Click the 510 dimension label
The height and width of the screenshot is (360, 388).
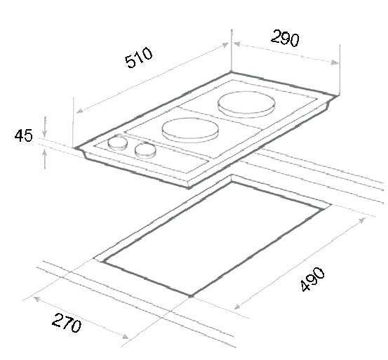click(139, 57)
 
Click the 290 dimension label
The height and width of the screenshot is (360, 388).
click(285, 38)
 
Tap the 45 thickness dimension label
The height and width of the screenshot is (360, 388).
click(24, 135)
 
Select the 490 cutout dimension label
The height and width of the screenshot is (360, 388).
click(312, 279)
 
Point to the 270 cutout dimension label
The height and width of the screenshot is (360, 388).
click(67, 323)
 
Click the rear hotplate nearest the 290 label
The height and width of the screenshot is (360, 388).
click(246, 105)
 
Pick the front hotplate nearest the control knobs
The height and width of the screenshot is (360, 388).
click(190, 130)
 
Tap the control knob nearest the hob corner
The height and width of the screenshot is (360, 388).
click(118, 143)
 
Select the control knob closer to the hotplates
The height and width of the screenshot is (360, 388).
click(145, 150)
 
